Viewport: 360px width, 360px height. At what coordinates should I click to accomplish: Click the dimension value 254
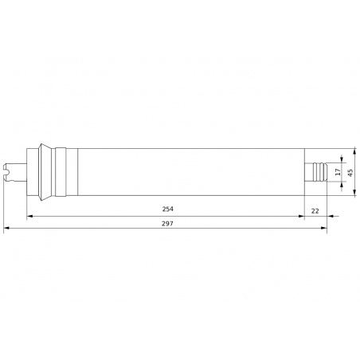167,209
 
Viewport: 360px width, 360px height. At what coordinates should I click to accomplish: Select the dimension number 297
167,223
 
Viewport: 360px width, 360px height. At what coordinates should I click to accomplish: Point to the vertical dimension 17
338,172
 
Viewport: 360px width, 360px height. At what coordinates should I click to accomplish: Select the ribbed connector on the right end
318,172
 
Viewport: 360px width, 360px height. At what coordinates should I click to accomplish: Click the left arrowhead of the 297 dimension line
6,229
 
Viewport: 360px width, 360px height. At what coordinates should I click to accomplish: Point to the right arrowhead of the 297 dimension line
324,229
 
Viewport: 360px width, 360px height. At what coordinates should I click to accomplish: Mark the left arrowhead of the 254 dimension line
29,215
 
